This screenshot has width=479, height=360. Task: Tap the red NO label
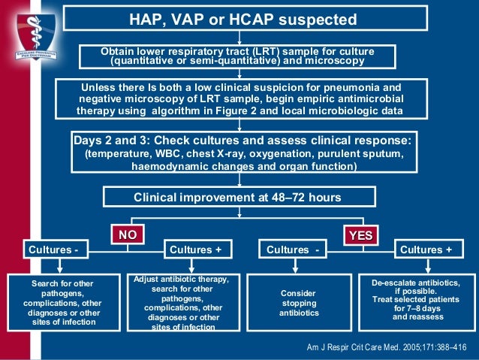(x=128, y=235)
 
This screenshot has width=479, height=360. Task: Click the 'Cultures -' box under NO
(x=53, y=249)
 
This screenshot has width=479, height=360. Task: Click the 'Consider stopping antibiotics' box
(x=298, y=303)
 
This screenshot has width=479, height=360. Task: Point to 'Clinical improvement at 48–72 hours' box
(x=237, y=197)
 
